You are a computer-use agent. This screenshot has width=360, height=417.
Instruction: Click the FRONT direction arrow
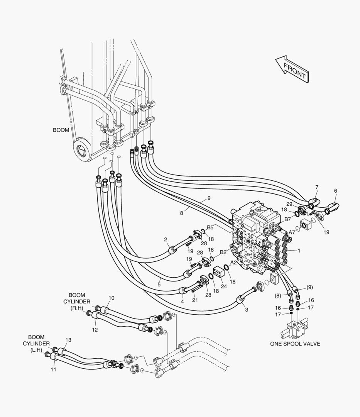(x=292, y=69)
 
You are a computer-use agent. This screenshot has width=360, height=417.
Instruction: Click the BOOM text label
(x=61, y=130)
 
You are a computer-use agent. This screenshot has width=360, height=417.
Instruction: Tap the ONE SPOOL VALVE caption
(x=295, y=344)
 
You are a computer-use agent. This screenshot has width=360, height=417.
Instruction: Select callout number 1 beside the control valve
(x=299, y=251)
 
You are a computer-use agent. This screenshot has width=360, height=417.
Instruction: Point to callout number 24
(x=224, y=286)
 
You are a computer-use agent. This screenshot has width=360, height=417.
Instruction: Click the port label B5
(x=210, y=227)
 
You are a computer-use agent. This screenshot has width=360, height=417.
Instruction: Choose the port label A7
(x=292, y=232)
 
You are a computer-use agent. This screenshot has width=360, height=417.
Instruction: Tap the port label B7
(x=287, y=219)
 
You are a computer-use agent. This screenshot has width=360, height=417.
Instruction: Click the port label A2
(x=233, y=263)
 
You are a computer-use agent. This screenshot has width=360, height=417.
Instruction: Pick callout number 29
(x=289, y=204)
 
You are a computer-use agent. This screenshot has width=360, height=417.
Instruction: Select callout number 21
(x=195, y=300)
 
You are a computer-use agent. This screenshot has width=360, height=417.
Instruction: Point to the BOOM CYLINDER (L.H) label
(x=36, y=344)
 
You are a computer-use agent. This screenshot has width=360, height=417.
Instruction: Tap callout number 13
(x=68, y=340)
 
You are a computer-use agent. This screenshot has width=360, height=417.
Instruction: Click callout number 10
(x=112, y=298)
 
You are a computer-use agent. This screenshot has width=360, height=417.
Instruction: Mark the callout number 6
(x=336, y=191)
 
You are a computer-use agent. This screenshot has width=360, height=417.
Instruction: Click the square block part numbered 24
(x=220, y=273)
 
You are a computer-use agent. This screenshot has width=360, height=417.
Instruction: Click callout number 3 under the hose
(x=247, y=310)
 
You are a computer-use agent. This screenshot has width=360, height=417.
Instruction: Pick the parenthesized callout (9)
(x=309, y=287)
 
